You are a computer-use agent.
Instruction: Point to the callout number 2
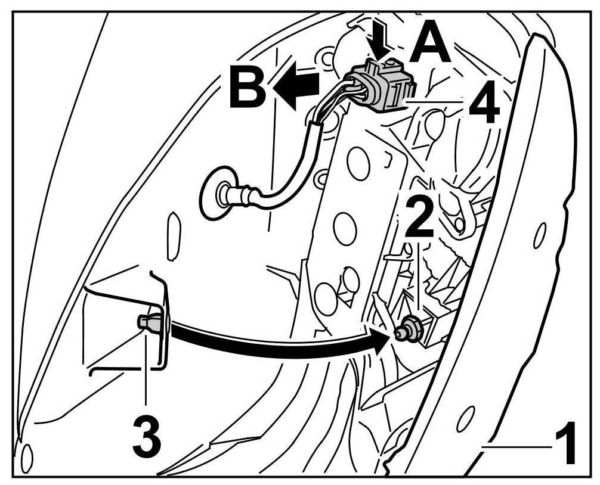[421, 219]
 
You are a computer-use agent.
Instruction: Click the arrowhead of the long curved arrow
[382, 341]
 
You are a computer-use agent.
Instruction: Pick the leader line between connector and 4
[435, 102]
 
